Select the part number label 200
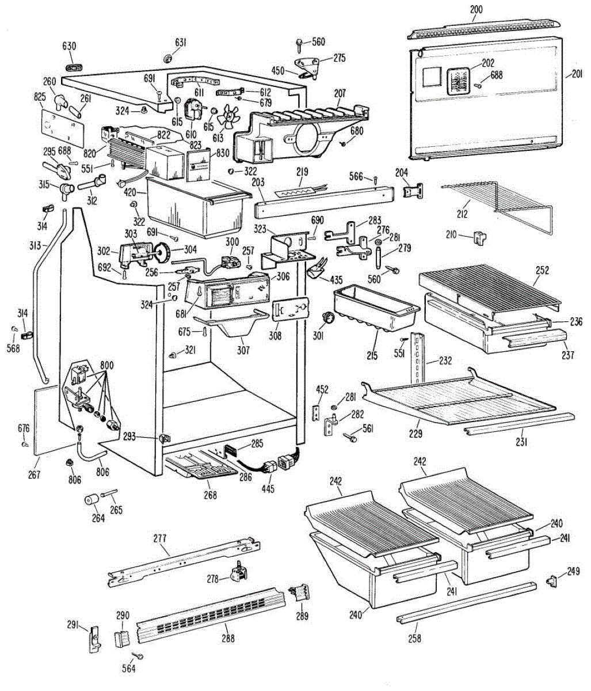click(x=476, y=9)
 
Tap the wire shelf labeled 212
click(x=497, y=206)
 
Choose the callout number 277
click(x=160, y=538)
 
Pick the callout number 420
click(x=130, y=192)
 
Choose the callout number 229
click(x=415, y=434)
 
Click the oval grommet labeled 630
click(x=74, y=67)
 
